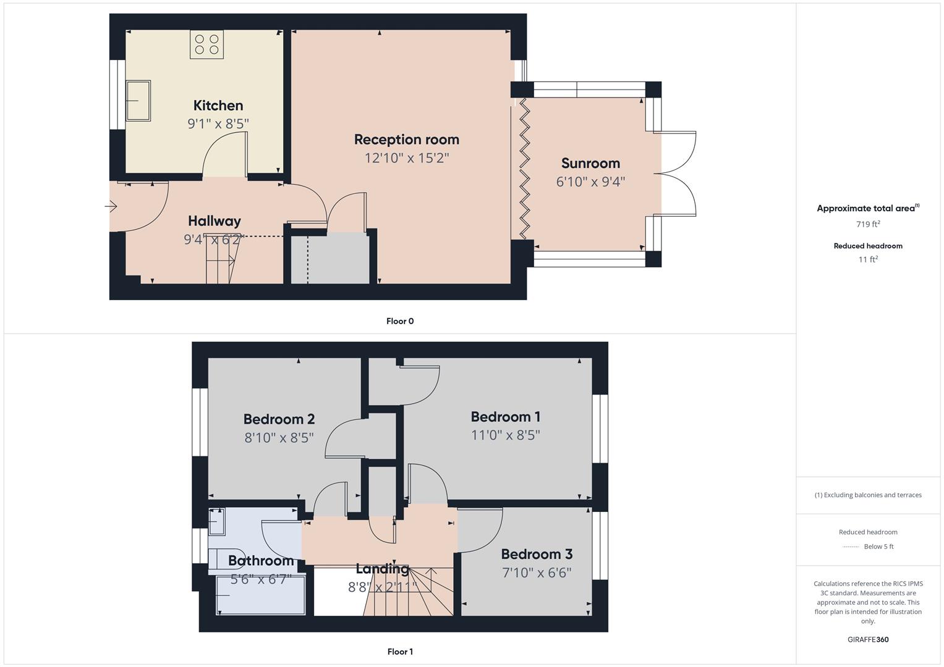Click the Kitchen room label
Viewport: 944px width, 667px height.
(218, 106)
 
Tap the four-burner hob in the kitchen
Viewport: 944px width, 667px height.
(206, 44)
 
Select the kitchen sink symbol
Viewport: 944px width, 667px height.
(138, 101)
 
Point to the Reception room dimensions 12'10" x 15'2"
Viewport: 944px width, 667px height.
(406, 158)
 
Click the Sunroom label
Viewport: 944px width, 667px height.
(590, 164)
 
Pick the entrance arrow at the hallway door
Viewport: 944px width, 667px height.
(111, 206)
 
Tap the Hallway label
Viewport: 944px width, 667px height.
(214, 221)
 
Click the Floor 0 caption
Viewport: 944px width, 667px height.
(399, 321)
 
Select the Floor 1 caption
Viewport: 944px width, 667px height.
(399, 652)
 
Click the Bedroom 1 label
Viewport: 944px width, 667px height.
(505, 417)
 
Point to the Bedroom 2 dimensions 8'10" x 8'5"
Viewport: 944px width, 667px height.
(279, 438)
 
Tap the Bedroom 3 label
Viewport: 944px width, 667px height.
(536, 554)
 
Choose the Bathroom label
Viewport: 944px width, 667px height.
(261, 561)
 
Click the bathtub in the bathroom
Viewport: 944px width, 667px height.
(260, 595)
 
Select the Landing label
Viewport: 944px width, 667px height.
(382, 569)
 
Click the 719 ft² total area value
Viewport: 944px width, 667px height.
(868, 225)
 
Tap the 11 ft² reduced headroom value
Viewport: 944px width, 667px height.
(868, 259)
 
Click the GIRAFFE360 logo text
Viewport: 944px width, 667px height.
(868, 640)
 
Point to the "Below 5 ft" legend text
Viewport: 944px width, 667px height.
(878, 547)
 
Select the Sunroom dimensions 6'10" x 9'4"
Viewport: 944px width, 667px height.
(590, 182)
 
